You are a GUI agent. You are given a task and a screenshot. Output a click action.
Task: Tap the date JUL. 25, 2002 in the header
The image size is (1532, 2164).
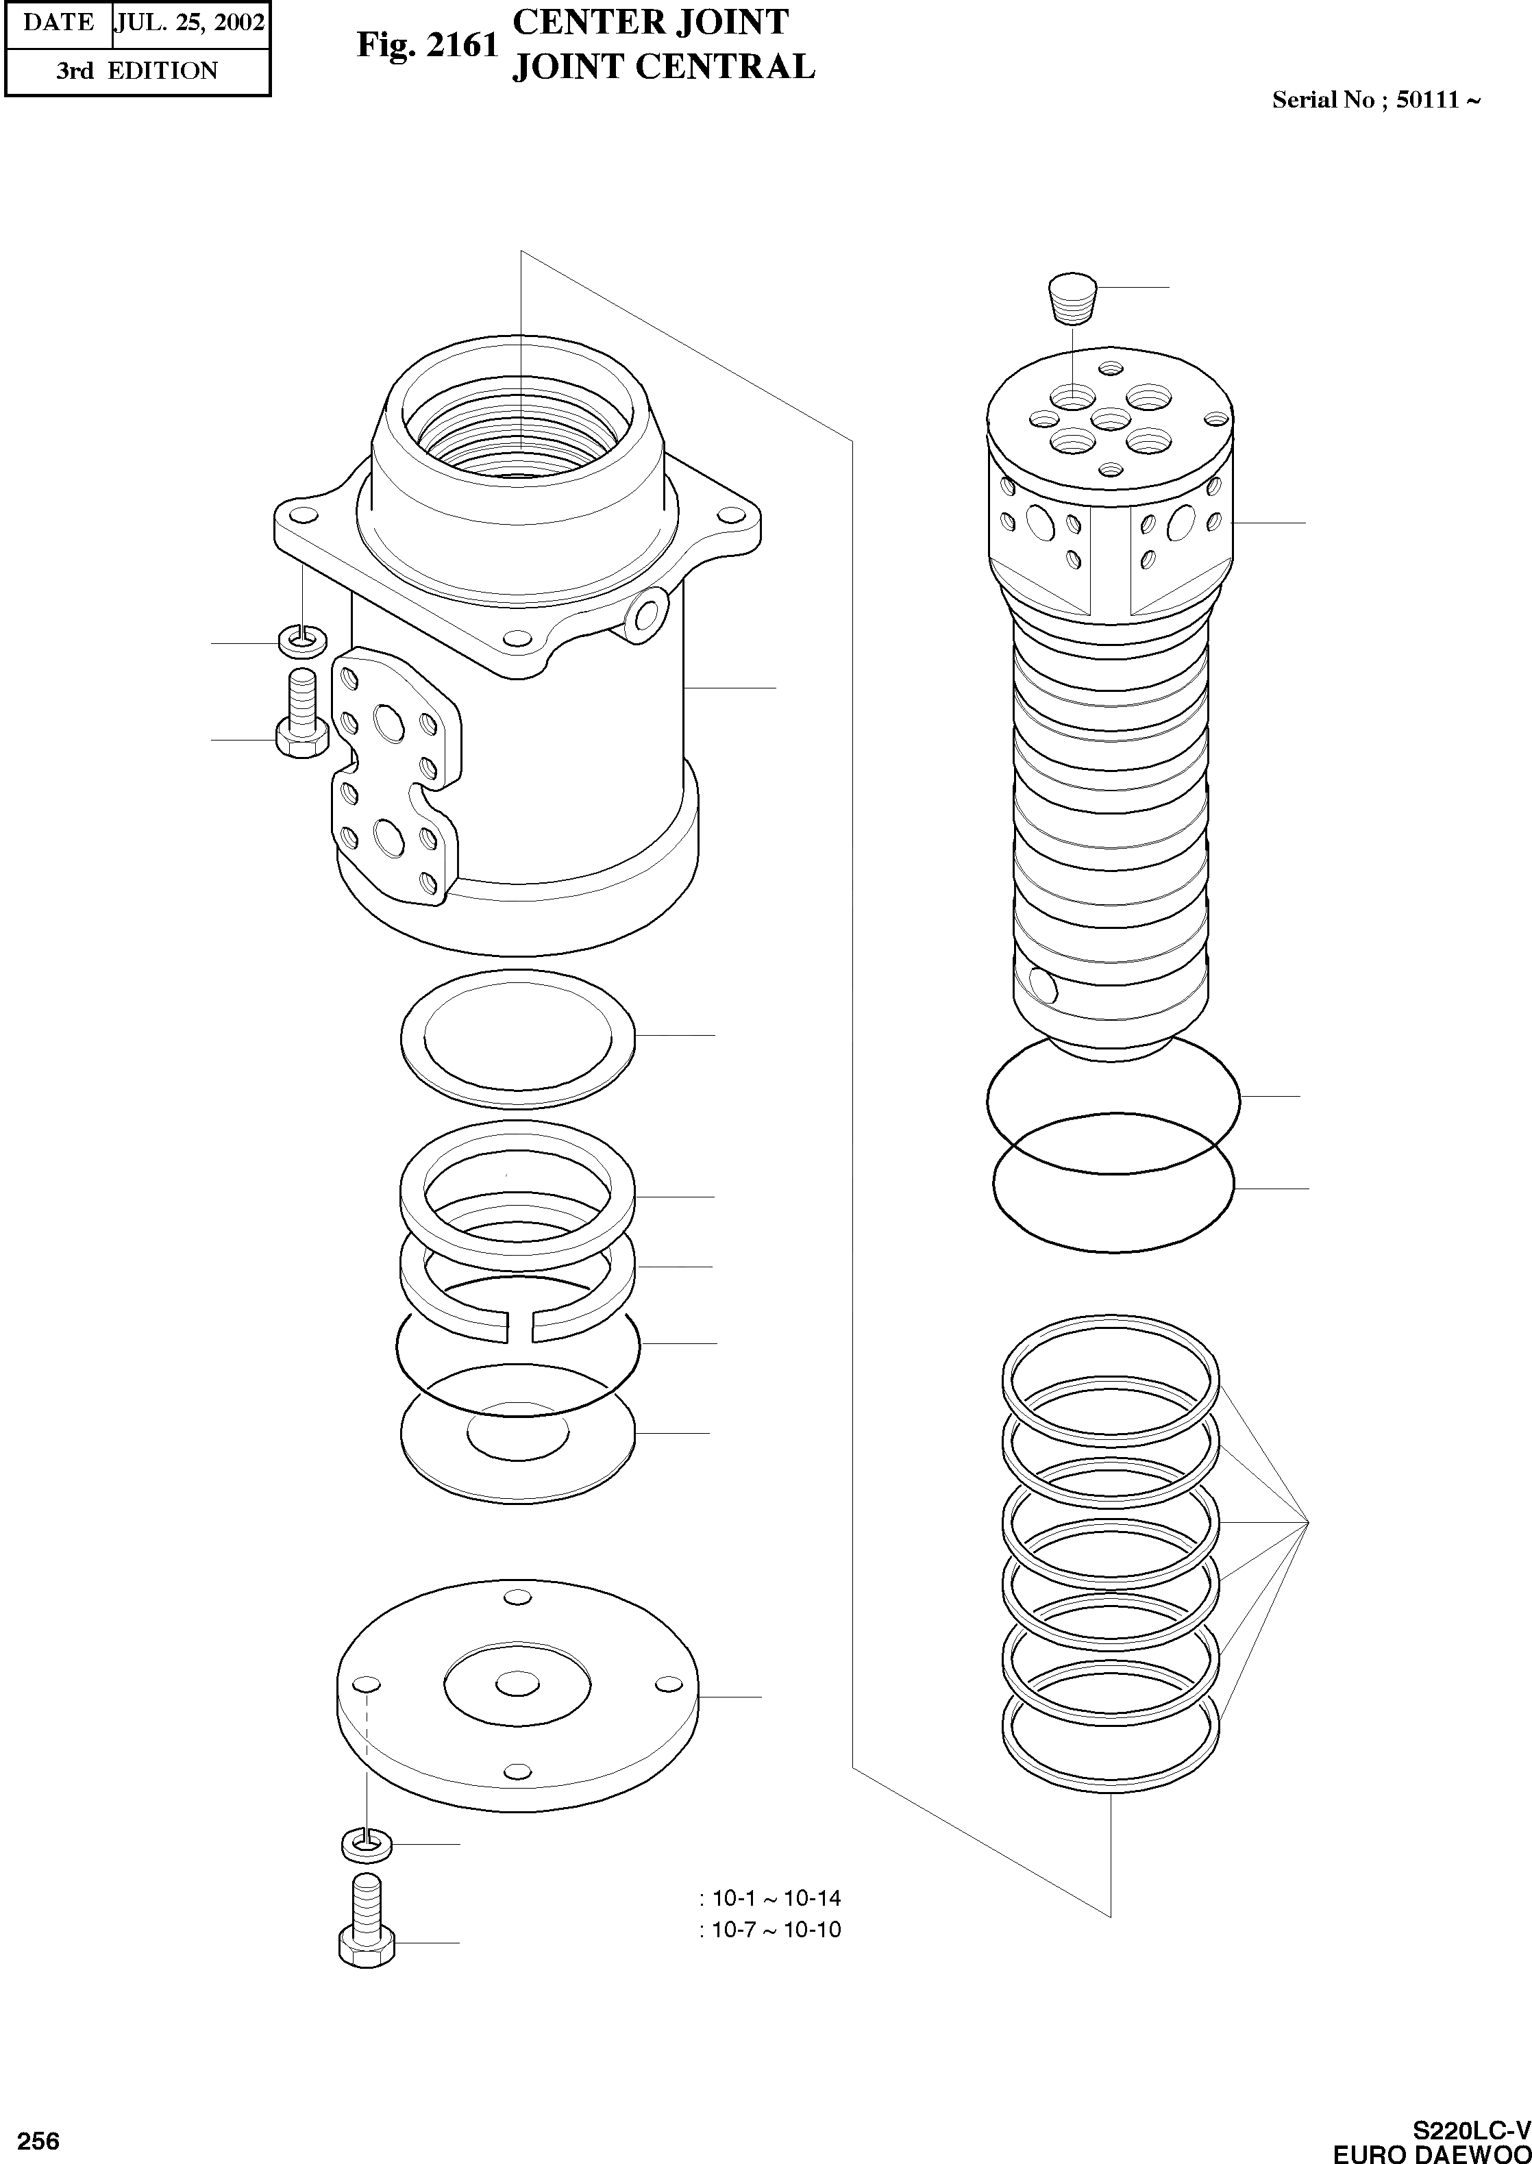click(188, 23)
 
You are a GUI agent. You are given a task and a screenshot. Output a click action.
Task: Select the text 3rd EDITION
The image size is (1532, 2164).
click(137, 71)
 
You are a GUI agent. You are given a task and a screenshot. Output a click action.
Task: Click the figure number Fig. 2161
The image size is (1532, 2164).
click(426, 45)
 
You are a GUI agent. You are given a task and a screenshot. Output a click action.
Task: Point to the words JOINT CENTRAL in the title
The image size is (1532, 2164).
click(663, 68)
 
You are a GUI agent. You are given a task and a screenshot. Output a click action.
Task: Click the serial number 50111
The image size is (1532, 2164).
click(1427, 100)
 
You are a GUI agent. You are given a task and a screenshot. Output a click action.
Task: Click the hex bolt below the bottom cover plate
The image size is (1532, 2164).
click(365, 1934)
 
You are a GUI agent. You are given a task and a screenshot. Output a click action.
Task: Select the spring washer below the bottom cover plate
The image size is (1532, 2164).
click(365, 1843)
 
